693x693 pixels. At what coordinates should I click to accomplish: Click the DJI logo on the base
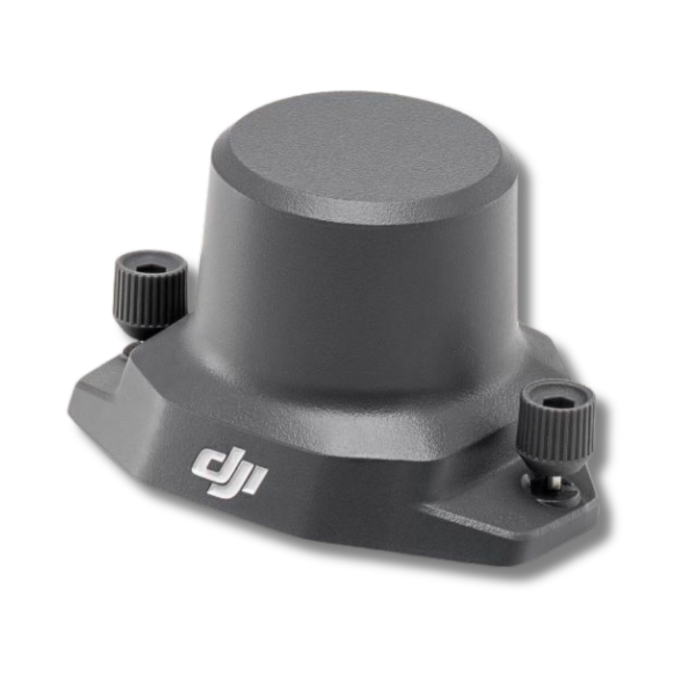pyautogui.click(x=229, y=473)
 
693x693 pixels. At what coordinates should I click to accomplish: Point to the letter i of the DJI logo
pyautogui.click(x=256, y=483)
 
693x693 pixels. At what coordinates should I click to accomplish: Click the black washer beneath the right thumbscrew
pyautogui.click(x=552, y=491)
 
